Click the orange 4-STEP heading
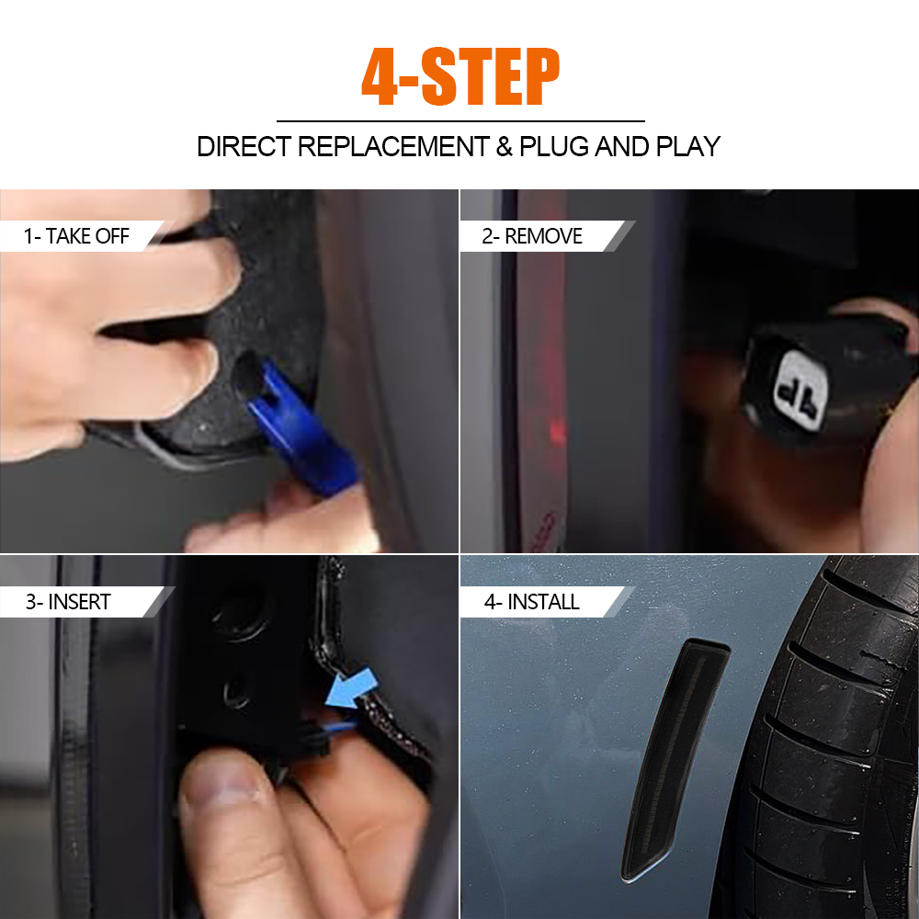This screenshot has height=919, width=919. click(460, 77)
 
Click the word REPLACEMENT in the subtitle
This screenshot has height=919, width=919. click(394, 146)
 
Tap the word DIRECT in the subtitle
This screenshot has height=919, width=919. click(244, 146)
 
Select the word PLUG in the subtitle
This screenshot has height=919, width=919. click(554, 146)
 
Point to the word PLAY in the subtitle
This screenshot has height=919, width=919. click(687, 146)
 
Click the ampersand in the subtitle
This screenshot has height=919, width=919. click(504, 146)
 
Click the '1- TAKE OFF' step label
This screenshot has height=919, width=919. click(76, 236)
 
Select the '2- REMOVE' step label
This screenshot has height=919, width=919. click(532, 236)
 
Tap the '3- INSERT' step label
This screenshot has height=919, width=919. click(68, 602)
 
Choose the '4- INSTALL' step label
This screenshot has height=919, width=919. click(531, 602)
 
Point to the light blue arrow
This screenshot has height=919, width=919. click(350, 690)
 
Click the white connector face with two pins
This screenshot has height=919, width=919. click(800, 390)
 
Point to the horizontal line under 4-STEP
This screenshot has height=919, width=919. click(460, 121)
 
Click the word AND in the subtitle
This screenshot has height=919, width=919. click(622, 146)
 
